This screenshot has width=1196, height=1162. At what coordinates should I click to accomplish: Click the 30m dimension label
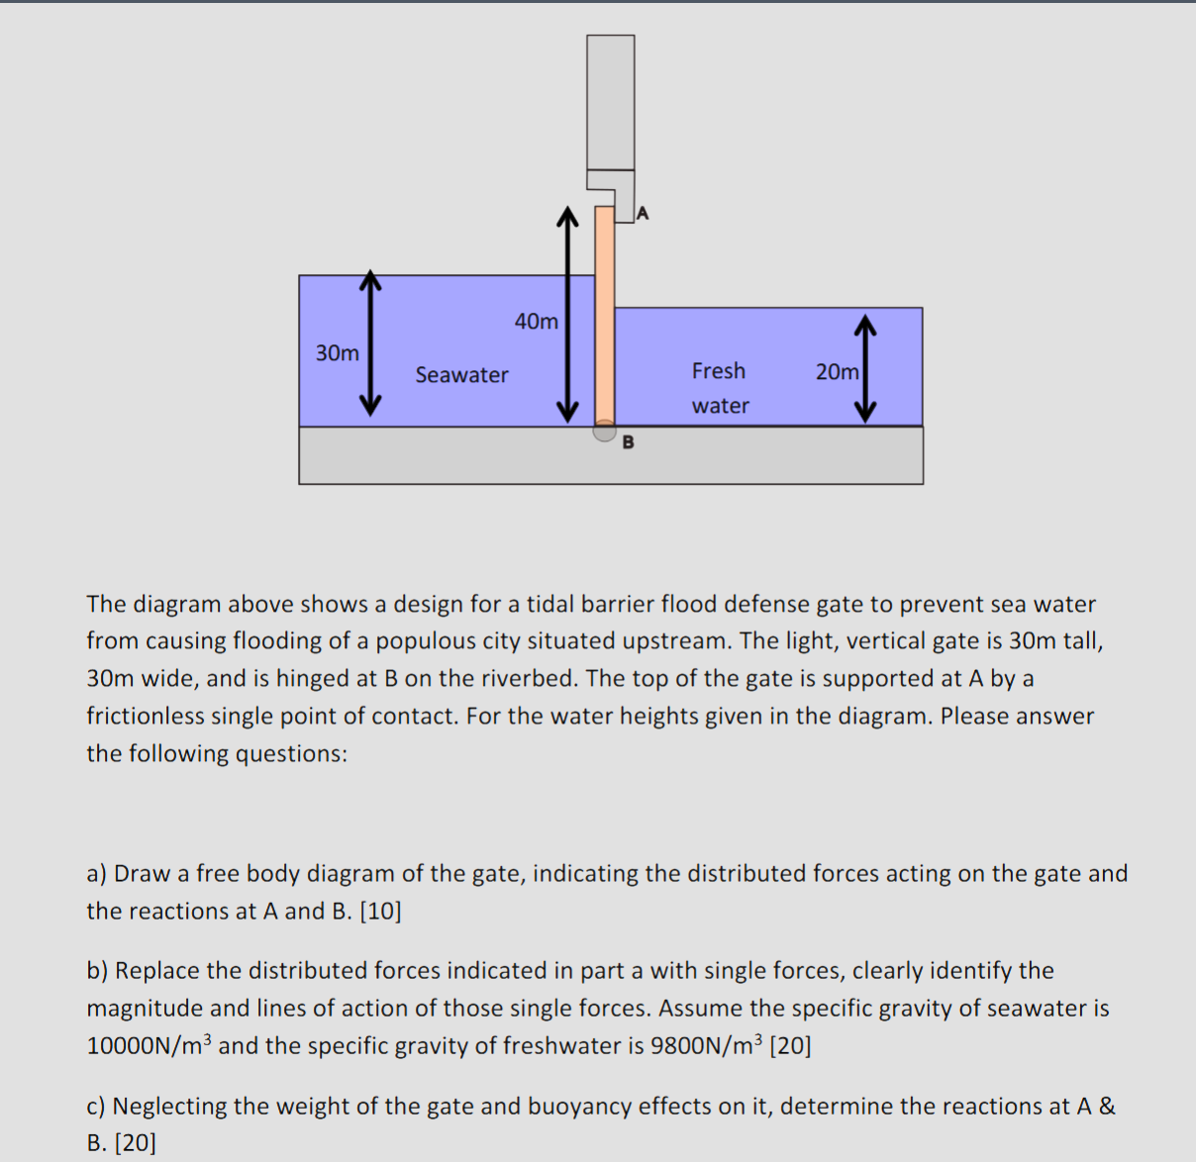coord(338,353)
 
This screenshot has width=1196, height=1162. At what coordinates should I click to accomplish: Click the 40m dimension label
coord(537,322)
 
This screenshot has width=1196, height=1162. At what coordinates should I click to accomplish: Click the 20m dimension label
coord(837,372)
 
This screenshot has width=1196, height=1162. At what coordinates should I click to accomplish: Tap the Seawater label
coord(461,375)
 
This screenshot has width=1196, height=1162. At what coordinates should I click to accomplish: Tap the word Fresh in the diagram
coord(719,371)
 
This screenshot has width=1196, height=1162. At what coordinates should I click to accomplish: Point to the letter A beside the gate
coord(643,213)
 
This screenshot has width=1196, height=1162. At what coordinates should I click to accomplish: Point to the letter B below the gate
coord(628,442)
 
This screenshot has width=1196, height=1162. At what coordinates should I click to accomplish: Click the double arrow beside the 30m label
coord(370,343)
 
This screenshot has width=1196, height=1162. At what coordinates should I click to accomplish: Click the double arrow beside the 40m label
coord(566,315)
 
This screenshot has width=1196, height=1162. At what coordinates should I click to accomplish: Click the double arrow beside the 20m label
coord(866,368)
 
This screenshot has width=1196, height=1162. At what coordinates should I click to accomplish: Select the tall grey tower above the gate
coord(610,103)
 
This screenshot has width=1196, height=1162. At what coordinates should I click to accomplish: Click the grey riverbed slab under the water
coord(611,457)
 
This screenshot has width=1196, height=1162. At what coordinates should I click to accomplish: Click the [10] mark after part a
coord(381,912)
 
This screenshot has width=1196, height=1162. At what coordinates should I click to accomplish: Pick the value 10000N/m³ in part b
coord(149,1046)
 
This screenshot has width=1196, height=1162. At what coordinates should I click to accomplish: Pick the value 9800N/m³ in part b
coord(707,1046)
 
